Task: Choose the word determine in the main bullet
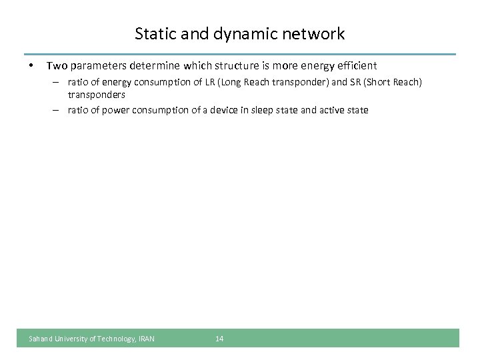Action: [x=152, y=66]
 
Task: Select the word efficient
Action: [x=354, y=66]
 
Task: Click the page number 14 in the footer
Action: [x=219, y=339]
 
